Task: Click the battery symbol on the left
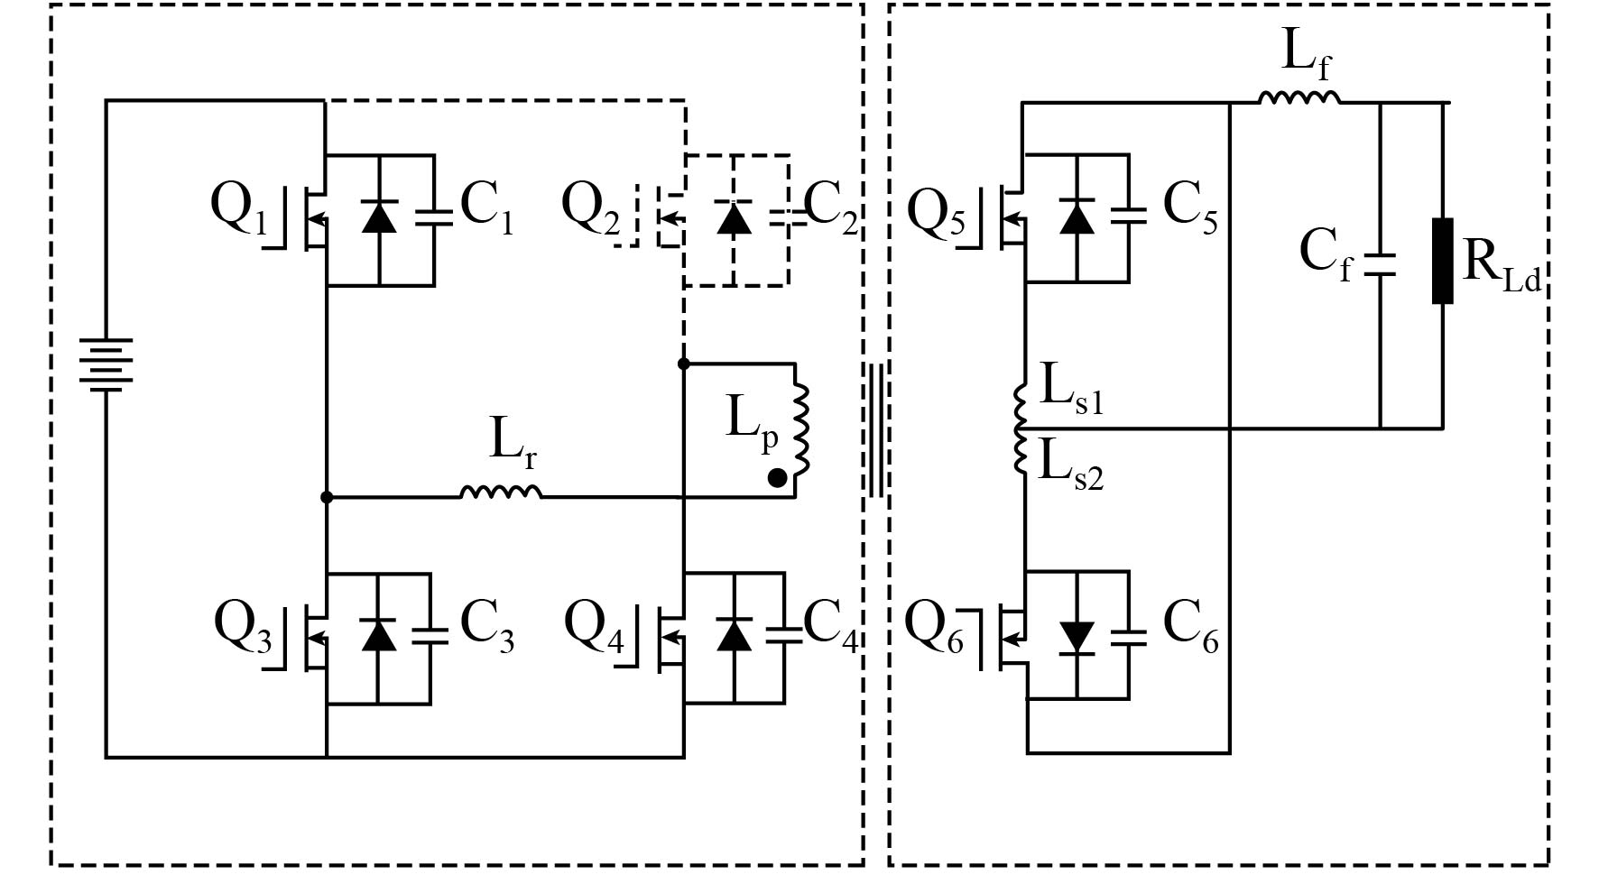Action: point(106,365)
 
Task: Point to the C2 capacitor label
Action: point(830,207)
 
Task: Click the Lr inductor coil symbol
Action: point(501,492)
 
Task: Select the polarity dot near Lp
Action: point(776,479)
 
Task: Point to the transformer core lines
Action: point(875,430)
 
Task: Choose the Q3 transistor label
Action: point(243,627)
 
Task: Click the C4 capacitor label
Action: point(830,624)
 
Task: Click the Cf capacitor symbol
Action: point(1380,263)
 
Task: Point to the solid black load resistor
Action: point(1442,260)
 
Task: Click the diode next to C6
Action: point(1077,637)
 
